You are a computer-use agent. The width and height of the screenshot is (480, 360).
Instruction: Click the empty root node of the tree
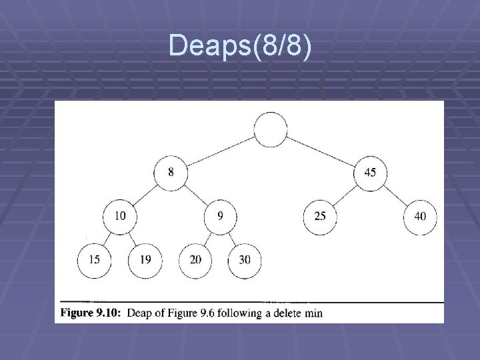(271, 130)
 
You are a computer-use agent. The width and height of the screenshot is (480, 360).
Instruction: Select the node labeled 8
(171, 173)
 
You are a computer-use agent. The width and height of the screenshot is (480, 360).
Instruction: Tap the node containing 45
(370, 173)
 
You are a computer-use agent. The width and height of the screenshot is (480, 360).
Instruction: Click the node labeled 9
(221, 216)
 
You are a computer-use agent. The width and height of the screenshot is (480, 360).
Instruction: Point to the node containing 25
(321, 216)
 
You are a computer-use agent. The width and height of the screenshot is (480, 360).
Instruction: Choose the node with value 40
(420, 216)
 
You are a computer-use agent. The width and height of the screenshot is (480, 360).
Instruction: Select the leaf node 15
(95, 259)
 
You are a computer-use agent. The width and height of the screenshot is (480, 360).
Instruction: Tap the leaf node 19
(145, 259)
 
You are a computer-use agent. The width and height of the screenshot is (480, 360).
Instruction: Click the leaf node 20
(195, 259)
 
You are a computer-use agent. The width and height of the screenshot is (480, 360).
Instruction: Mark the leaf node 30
(245, 259)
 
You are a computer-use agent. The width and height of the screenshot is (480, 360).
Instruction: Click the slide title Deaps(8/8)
(239, 45)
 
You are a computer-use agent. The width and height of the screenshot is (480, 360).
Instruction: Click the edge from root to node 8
(221, 151)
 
